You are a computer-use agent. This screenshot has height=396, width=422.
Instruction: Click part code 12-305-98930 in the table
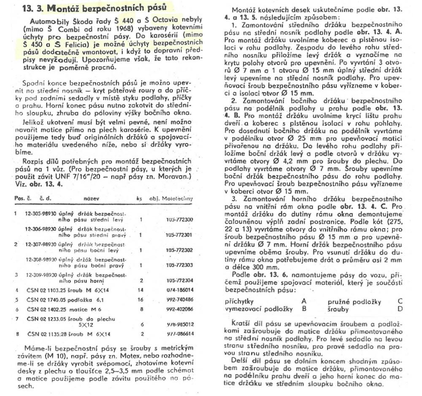[x=43, y=213]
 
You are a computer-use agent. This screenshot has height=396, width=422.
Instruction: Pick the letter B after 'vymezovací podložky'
[x=304, y=309]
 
